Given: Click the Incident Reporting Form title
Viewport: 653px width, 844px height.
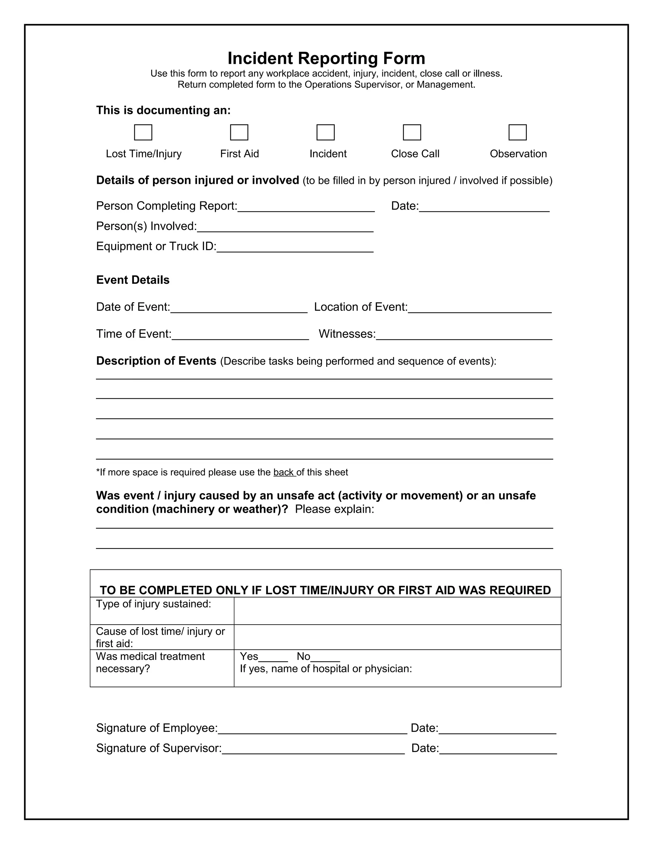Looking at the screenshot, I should pyautogui.click(x=326, y=58).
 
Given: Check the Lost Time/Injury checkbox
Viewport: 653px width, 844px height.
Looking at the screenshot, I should pyautogui.click(x=143, y=132).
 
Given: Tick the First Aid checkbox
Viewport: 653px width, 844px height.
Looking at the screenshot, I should pyautogui.click(x=239, y=132).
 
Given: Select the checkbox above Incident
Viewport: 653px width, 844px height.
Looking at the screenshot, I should pyautogui.click(x=325, y=132).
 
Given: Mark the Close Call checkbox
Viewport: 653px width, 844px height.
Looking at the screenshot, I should pyautogui.click(x=412, y=132).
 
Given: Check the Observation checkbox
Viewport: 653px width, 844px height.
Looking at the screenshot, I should pyautogui.click(x=517, y=132).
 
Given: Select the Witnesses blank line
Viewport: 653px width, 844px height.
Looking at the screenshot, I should pyautogui.click(x=464, y=335).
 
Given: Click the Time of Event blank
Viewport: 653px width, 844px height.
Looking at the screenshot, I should pyautogui.click(x=240, y=335).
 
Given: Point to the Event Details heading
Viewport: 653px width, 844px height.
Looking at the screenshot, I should pyautogui.click(x=133, y=280).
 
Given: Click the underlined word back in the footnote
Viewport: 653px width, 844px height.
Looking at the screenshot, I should pyautogui.click(x=284, y=472).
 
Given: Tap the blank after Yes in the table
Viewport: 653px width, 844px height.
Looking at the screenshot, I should pyautogui.click(x=273, y=657).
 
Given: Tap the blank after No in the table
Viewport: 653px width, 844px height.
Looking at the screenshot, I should pyautogui.click(x=325, y=657).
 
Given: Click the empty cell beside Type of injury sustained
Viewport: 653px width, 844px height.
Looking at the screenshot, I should pyautogui.click(x=397, y=611).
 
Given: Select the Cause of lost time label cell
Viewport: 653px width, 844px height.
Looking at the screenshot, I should pyautogui.click(x=162, y=637).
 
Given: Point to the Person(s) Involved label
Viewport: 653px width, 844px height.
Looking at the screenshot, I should pyautogui.click(x=147, y=226).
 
